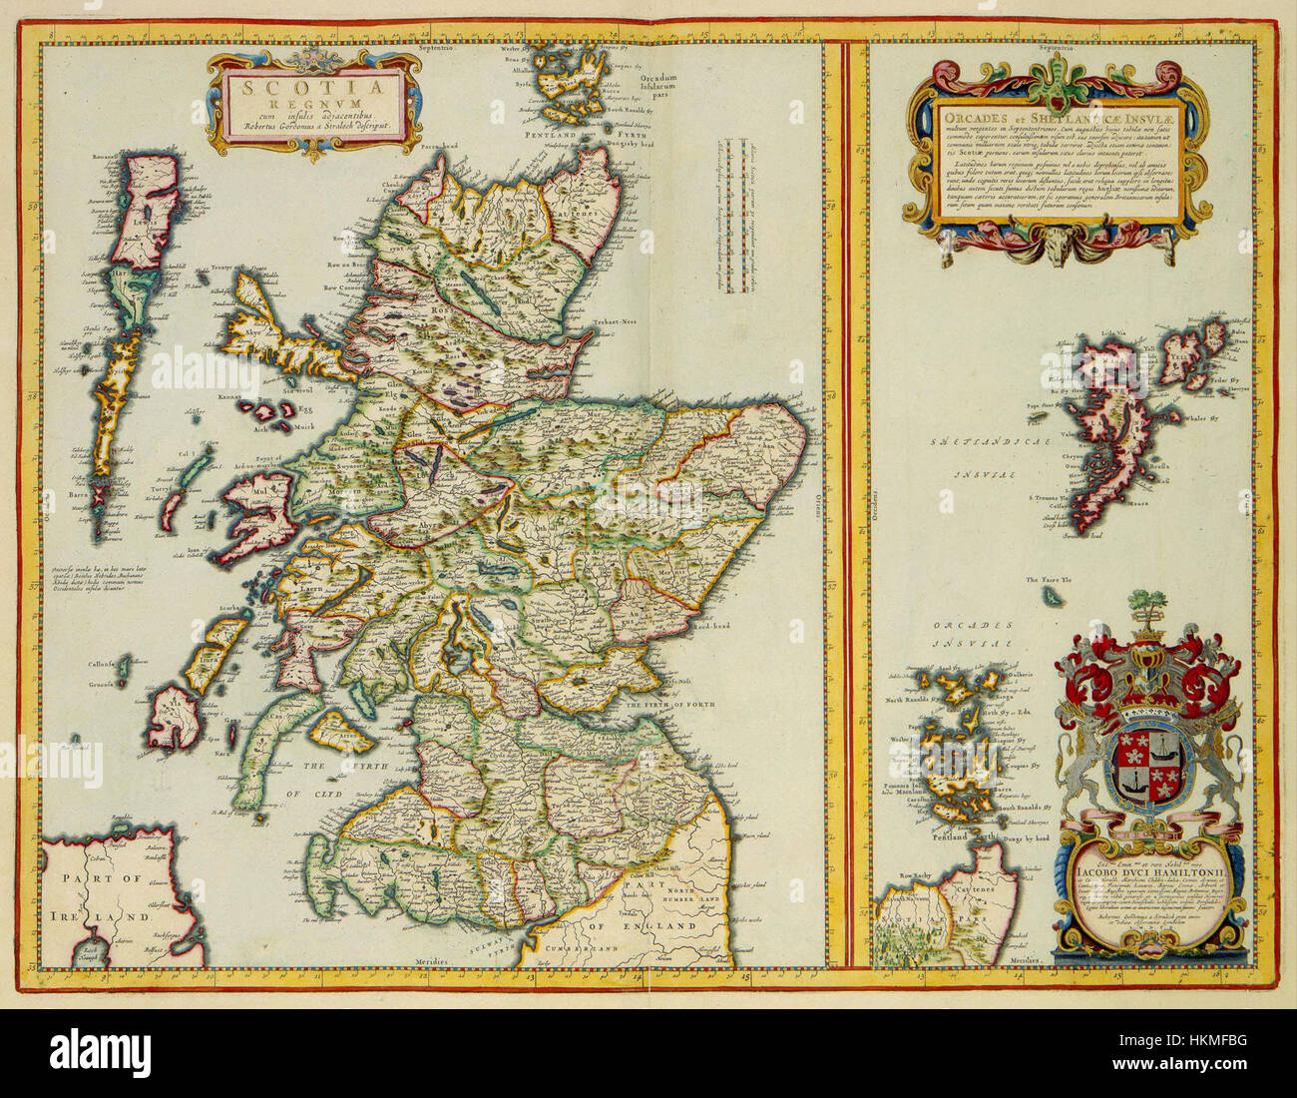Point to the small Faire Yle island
1053,596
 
